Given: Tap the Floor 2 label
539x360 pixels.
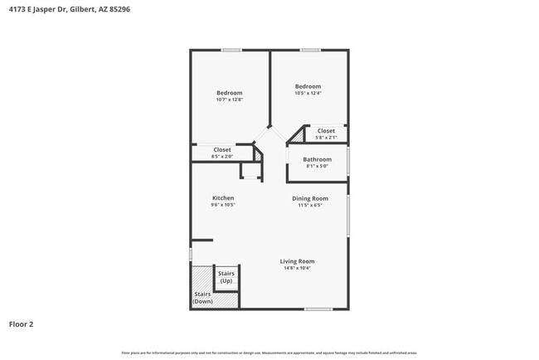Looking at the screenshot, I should coord(22,324).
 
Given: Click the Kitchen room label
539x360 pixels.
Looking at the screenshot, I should coord(223,198).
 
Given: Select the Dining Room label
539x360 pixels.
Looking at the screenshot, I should coord(310,198).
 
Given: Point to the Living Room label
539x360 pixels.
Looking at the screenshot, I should coord(297,261).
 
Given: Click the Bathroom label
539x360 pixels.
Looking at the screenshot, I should coord(317,159).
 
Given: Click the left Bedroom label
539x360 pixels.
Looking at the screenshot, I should coord(230,93).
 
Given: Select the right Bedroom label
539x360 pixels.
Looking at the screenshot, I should coord(308,86).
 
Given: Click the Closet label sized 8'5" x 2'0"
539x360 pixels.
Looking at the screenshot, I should coord(222,150).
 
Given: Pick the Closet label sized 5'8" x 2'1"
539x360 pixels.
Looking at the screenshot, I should coord(326,131).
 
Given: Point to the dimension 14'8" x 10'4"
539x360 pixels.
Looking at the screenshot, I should coord(297,268).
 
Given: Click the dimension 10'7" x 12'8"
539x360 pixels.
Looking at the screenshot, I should coord(230,100).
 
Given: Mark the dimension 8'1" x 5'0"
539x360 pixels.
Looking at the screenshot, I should coord(317,166).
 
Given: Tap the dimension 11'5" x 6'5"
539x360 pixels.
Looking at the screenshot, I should coord(310,205).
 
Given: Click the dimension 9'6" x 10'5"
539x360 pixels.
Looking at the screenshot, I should coord(223,205).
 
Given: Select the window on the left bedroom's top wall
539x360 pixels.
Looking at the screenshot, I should coord(231,50).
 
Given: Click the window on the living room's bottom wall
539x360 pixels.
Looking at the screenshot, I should coord(318,309).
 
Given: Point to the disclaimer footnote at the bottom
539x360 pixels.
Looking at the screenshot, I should coord(269,353).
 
